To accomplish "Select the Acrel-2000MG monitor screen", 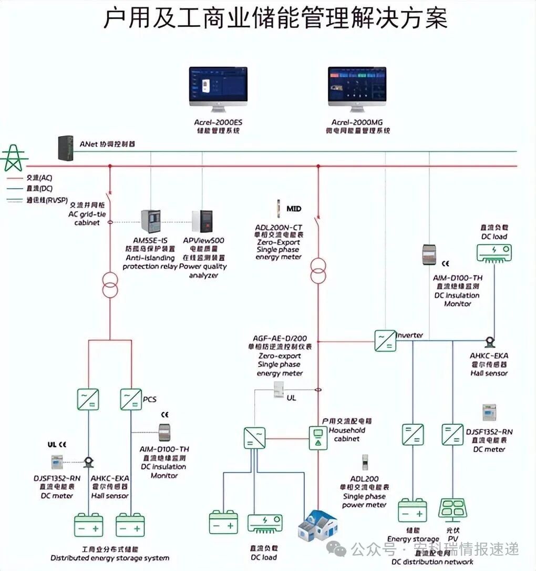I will [357, 84].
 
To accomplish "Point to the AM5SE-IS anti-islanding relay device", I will [151, 223].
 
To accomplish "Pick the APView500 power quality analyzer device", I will [202, 223].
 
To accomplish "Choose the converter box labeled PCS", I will [131, 400].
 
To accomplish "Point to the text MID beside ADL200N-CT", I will [294, 209].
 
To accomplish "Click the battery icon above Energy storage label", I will [412, 510].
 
